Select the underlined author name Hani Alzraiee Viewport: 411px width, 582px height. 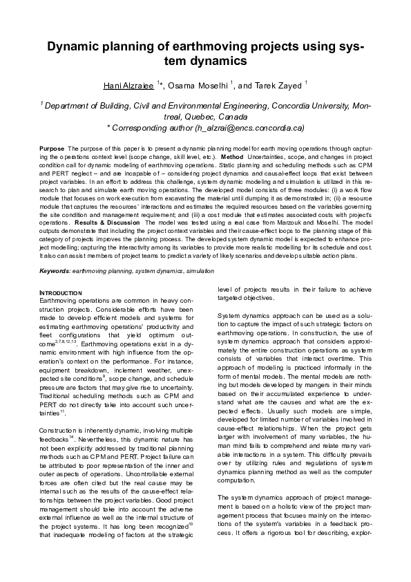[x=128, y=84]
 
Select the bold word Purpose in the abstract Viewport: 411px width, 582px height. [x=52, y=149]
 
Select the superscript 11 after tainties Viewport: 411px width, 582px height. [x=62, y=411]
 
